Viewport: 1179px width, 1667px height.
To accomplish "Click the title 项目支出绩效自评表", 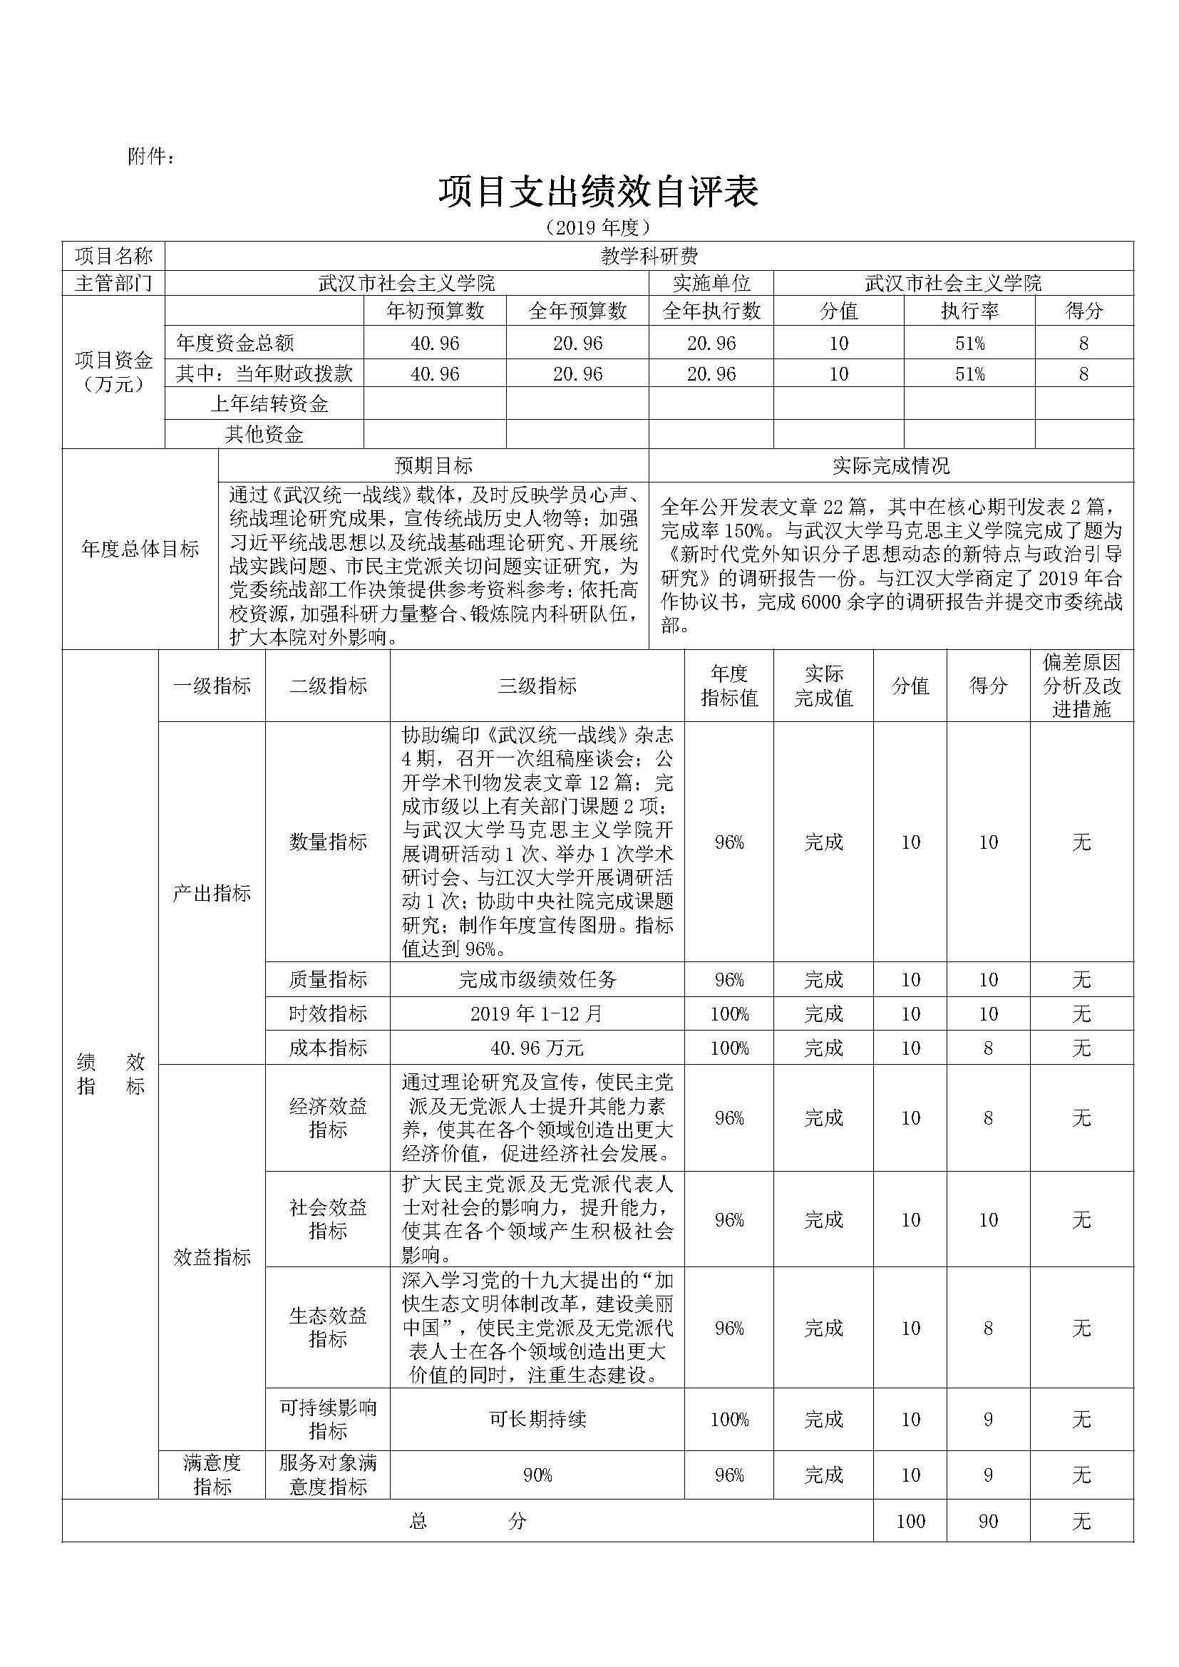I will pos(598,192).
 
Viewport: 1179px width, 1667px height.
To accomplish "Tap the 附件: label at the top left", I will pos(151,156).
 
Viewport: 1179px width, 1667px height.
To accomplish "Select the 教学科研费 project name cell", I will pos(649,256).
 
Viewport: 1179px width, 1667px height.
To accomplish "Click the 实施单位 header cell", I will pos(711,283).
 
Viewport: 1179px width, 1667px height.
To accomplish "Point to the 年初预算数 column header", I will pos(435,311).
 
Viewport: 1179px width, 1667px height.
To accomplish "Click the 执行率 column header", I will pos(969,311).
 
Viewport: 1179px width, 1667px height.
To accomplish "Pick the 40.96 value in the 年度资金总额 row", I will pos(435,343).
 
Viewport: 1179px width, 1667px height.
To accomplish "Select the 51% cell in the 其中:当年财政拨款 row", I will pos(969,374).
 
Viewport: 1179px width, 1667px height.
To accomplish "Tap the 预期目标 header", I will pos(433,465).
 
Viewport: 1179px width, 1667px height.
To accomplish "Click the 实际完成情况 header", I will pos(891,465).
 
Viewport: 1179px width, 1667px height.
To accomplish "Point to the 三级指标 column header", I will pos(537,686).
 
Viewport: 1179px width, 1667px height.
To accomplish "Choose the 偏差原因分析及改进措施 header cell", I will pos(1081,686).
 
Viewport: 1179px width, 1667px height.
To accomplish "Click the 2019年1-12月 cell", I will pos(537,1013).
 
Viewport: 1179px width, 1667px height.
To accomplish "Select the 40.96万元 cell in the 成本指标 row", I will pos(537,1048).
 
